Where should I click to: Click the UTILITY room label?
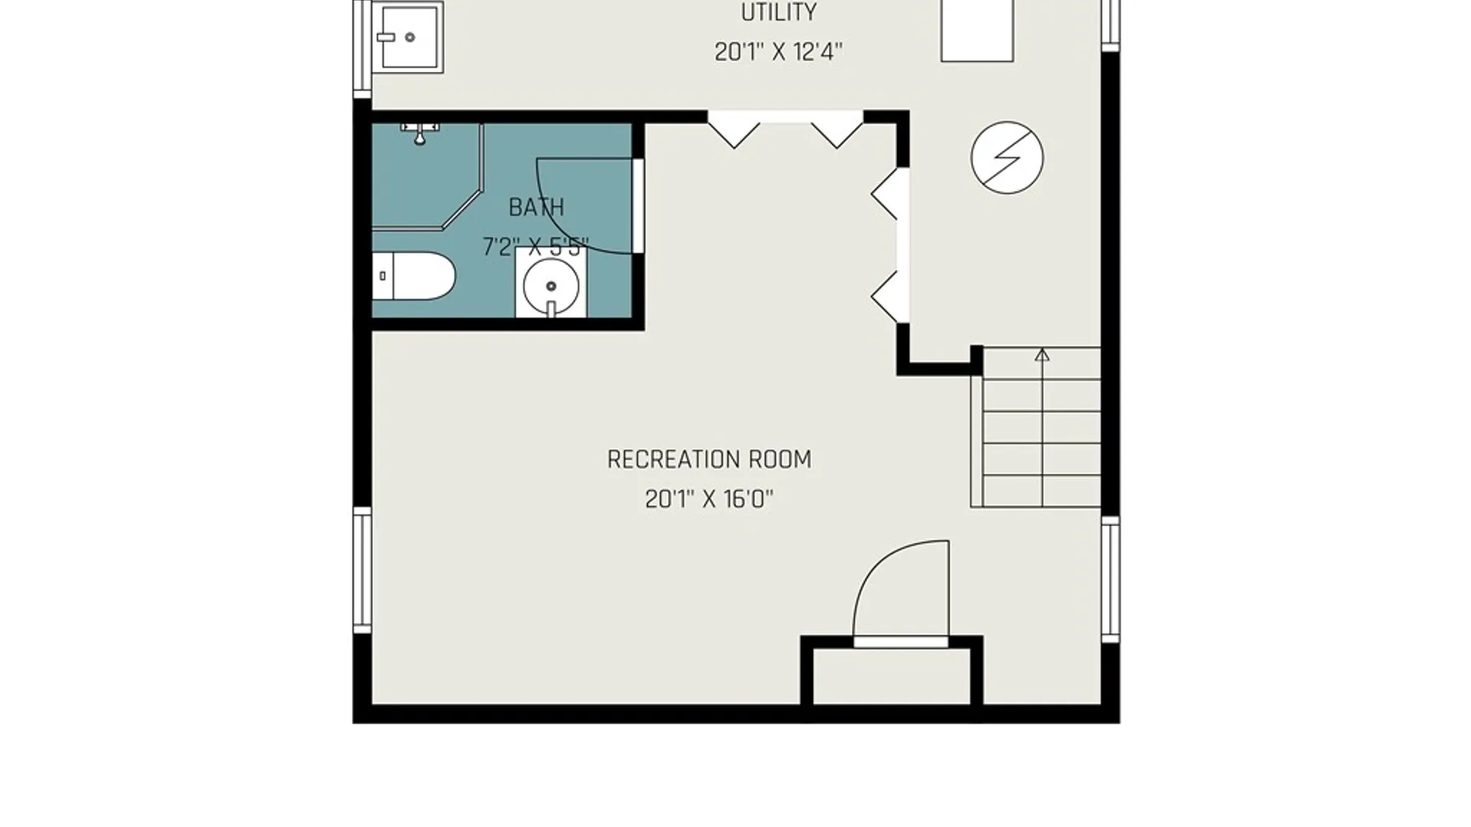tap(778, 12)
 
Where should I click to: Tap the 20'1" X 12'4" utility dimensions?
tap(778, 52)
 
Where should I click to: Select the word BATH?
tap(536, 208)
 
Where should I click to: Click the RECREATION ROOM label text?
tap(709, 459)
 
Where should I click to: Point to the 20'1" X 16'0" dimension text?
tap(709, 499)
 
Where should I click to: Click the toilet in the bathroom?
tap(414, 276)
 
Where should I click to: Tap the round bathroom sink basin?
tap(551, 286)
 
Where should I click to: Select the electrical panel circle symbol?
tap(1007, 157)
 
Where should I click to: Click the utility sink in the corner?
tap(408, 37)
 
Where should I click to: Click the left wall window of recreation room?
tap(362, 570)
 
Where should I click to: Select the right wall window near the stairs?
tap(1110, 579)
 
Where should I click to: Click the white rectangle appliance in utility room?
tap(977, 31)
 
